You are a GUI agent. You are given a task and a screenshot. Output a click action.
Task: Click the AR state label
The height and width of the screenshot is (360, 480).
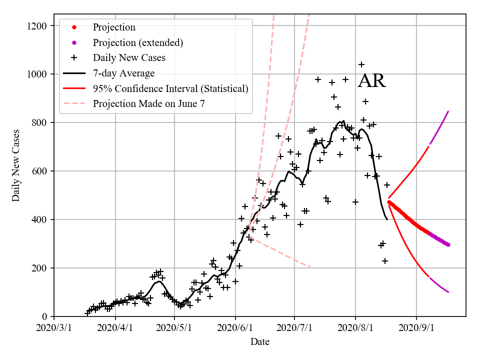coord(372,81)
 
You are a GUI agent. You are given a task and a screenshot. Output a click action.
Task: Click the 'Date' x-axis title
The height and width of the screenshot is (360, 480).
coord(260,342)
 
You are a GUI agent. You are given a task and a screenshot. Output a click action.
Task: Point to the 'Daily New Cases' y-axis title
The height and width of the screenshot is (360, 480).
coord(16,165)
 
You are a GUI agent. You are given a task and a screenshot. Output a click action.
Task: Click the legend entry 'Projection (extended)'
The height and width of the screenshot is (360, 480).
coord(137,43)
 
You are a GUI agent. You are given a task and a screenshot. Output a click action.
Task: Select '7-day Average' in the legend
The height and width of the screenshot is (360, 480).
coord(123,73)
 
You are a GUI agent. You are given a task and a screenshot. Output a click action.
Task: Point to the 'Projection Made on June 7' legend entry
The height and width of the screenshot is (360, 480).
coord(148,104)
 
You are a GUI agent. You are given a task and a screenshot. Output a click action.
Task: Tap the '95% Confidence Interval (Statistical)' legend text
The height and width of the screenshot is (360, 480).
coord(170,89)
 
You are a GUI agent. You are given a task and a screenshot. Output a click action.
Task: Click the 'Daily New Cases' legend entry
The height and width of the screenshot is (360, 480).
coord(129,58)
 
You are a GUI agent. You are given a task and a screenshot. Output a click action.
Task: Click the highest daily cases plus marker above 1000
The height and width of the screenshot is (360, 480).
coord(361,64)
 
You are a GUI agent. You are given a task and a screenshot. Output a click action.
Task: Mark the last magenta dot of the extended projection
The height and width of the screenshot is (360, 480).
coord(448,244)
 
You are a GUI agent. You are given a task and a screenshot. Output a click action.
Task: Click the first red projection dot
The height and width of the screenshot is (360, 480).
coord(389,202)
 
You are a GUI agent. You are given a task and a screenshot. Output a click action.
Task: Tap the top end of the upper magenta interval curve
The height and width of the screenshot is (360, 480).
coord(448,111)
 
